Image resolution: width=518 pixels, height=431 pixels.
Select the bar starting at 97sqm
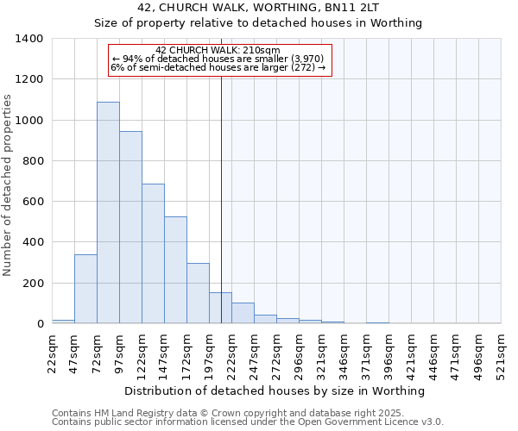pos(130,228)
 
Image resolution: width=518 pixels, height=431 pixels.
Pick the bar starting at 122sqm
pos(153,253)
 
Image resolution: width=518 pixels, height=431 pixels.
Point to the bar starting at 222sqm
pos(243,314)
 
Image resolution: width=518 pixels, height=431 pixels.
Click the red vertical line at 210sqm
pos(222,198)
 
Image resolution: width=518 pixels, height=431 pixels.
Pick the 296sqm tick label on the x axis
pos(299,353)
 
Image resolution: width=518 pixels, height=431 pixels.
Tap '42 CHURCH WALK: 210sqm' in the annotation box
pos(218,51)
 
